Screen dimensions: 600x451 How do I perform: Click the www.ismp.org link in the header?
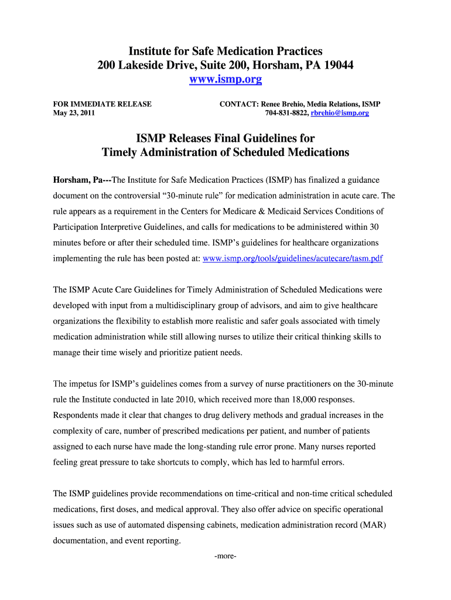pos(225,79)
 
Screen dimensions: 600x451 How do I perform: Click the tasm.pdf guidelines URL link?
pos(292,258)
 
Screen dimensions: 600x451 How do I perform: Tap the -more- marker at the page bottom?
pos(225,555)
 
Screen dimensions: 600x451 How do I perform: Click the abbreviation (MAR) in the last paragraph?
pos(367,525)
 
